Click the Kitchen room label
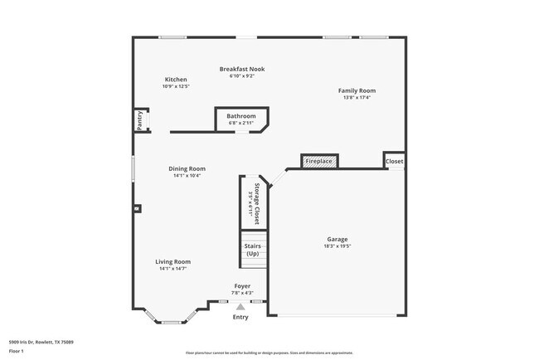(176, 80)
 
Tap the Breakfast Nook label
(242, 69)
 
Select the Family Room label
(357, 90)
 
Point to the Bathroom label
(241, 116)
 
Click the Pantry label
(140, 120)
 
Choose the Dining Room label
(187, 168)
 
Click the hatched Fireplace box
(319, 161)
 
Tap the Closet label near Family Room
(395, 161)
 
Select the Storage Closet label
(257, 199)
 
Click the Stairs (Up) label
(253, 250)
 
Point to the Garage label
(337, 240)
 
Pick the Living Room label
(173, 262)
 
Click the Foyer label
(241, 286)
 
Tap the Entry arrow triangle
(240, 306)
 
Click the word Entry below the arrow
(240, 317)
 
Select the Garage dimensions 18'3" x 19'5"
(337, 246)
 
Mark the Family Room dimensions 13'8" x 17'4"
(357, 97)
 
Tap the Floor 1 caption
(17, 351)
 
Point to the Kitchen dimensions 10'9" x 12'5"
(176, 86)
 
